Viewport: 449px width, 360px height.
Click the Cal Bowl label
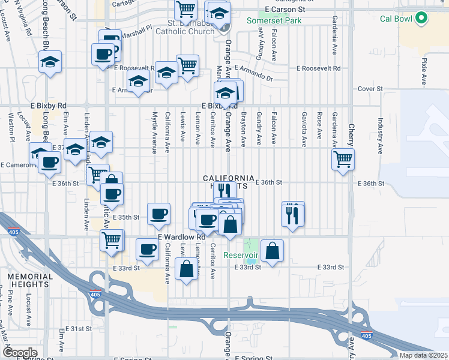point(396,19)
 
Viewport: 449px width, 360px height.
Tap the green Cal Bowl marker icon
point(421,19)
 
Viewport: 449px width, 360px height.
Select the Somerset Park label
point(274,20)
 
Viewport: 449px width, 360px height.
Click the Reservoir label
point(240,255)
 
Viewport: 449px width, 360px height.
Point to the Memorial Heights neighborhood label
point(28,279)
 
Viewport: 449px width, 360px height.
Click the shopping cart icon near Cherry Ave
point(343,160)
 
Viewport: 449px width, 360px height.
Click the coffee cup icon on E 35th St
point(159,214)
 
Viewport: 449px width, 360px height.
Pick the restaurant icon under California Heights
point(224,191)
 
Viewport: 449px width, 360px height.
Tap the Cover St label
point(370,89)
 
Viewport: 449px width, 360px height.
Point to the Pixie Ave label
point(424,71)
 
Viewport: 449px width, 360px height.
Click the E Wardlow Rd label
point(182,237)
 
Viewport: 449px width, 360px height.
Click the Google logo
point(20,353)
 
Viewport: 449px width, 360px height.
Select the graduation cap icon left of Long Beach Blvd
point(50,61)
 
